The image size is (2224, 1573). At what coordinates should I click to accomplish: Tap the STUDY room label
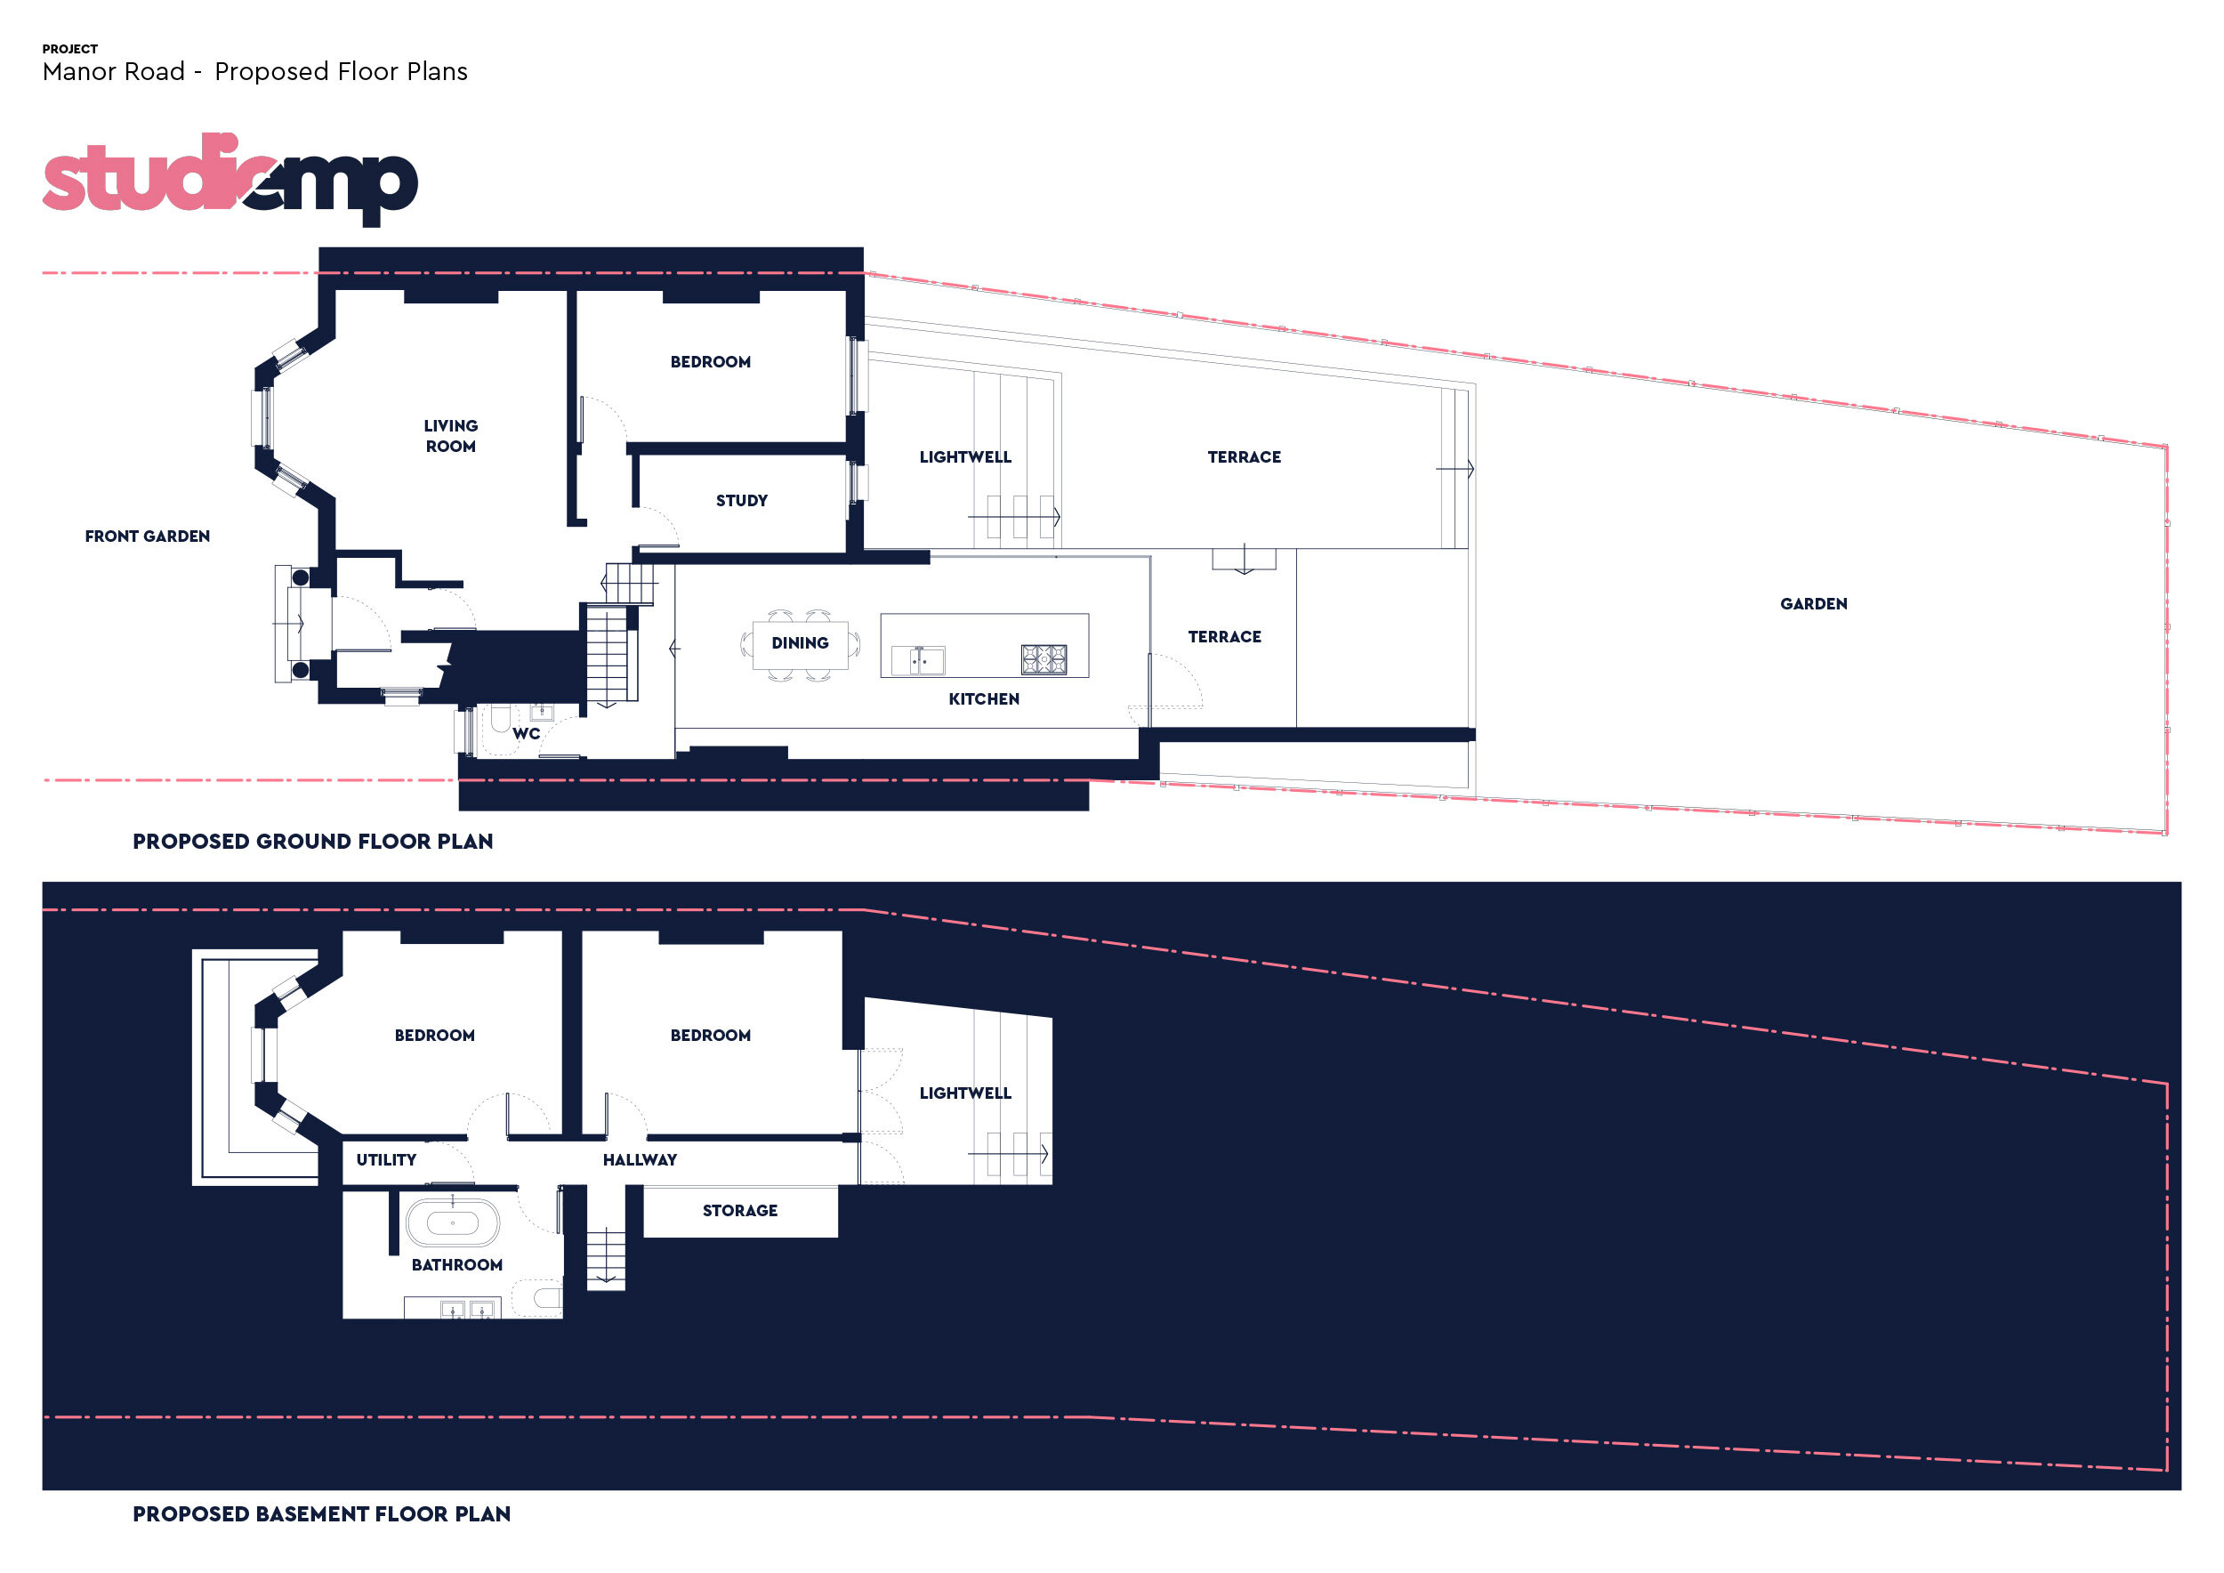[x=741, y=501]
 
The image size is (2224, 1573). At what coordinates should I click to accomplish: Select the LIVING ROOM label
[x=450, y=436]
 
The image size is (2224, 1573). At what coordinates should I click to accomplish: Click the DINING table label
[x=799, y=643]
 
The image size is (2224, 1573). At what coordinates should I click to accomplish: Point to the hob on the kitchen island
[x=1044, y=659]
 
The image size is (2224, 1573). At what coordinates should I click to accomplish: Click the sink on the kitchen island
[x=918, y=660]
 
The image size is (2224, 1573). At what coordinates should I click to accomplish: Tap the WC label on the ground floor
[x=526, y=734]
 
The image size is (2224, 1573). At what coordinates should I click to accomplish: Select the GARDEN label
[x=1813, y=604]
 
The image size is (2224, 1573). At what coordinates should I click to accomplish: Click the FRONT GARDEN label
[x=148, y=536]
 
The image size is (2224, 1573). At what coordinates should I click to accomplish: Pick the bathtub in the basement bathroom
[x=452, y=1223]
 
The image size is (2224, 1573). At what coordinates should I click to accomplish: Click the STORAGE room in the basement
[x=740, y=1211]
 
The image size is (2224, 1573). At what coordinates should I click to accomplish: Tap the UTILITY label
[x=385, y=1160]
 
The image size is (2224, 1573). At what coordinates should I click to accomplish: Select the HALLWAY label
[x=640, y=1160]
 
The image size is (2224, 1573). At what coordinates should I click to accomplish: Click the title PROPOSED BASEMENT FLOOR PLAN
[x=321, y=1514]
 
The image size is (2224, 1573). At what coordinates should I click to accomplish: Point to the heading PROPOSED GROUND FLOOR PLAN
[x=313, y=842]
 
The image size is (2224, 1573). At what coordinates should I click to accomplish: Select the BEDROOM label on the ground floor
[x=710, y=362]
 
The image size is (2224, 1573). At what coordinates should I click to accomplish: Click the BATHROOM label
[x=456, y=1265]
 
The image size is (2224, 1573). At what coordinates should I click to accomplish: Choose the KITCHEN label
[x=983, y=699]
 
